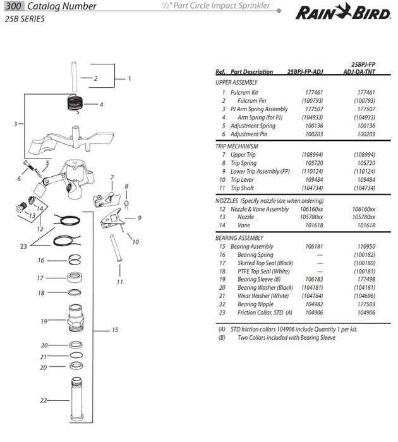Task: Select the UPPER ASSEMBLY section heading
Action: (236, 83)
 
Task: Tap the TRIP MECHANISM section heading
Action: (237, 146)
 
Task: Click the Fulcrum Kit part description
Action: (244, 92)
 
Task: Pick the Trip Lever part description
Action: (243, 179)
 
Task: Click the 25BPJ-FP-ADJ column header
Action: (308, 72)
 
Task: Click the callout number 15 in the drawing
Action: (115, 330)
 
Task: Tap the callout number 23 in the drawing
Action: (23, 246)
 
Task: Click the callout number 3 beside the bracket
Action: (15, 124)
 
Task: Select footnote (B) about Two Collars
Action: (278, 337)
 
